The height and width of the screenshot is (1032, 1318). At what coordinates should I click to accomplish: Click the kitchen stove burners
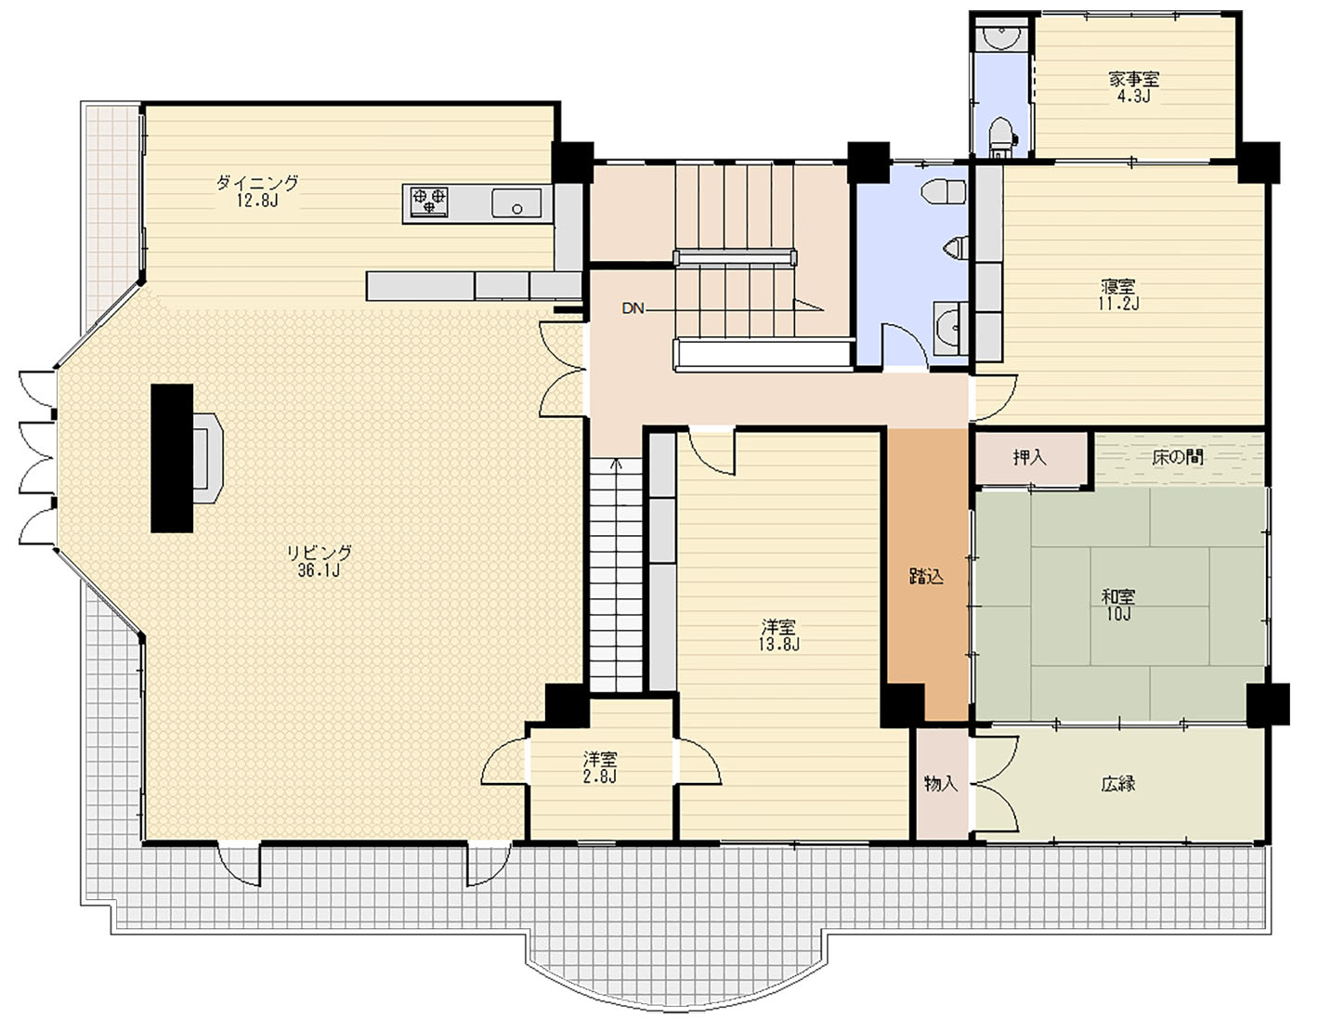[429, 202]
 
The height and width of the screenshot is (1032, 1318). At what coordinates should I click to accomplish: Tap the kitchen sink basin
[516, 202]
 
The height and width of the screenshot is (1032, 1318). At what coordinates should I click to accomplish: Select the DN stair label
[633, 308]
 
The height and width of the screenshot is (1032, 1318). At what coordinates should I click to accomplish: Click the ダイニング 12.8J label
[258, 191]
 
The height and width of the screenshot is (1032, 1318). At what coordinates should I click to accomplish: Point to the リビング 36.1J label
[319, 561]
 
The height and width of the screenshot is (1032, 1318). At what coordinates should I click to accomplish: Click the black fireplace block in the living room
[172, 458]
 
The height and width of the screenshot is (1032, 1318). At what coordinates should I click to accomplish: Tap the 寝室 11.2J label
[1118, 294]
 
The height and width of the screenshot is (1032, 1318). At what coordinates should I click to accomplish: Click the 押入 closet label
[1029, 458]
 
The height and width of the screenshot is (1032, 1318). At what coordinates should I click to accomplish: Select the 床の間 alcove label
[1178, 457]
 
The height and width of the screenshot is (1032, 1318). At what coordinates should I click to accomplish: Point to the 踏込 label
[926, 576]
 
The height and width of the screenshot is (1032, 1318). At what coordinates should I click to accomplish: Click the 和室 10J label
[1118, 605]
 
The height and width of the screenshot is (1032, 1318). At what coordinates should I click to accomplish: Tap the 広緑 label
[1118, 785]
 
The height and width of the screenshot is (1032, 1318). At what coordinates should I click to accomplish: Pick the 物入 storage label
[941, 784]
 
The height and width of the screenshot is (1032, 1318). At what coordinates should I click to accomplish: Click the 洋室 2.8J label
[600, 767]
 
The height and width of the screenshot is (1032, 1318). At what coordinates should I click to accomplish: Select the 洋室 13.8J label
[778, 634]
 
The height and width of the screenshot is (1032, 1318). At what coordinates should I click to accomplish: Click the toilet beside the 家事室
[1001, 136]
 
